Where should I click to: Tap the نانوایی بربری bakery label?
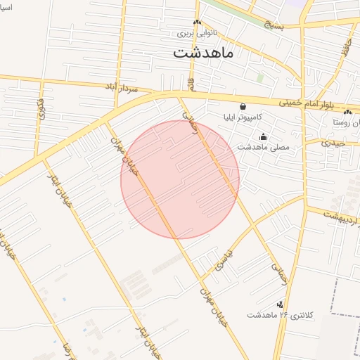194,33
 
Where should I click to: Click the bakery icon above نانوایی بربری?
198,22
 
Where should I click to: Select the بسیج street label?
276,25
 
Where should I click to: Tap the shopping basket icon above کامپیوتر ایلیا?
243,106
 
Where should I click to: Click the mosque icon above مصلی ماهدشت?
264,136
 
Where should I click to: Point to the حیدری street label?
334,143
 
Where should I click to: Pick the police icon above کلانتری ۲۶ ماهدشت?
281,304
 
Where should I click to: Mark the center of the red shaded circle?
180,179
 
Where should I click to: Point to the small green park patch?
260,78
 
